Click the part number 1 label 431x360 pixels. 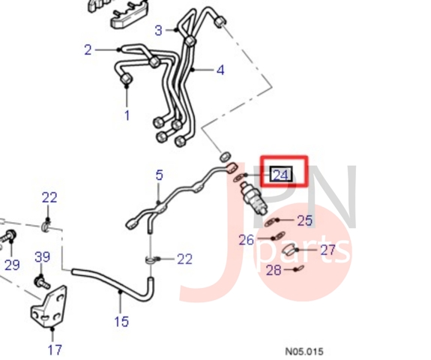click(127, 115)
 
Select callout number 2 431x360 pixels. click(88, 50)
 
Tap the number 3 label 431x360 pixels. click(159, 30)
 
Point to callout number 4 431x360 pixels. click(220, 70)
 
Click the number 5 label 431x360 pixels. click(160, 175)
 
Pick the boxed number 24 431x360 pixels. click(280, 175)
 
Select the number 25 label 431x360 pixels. click(305, 220)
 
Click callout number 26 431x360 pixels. click(247, 240)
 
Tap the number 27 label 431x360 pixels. click(328, 250)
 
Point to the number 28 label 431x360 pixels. click(274, 270)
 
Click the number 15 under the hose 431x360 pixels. click(121, 321)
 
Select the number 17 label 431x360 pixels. click(55, 349)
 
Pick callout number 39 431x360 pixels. click(42, 256)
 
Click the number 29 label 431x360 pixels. click(13, 265)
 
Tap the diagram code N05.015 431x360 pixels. click(304, 352)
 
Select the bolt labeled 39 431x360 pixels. click(42, 283)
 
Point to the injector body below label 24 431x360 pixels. click(253, 199)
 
